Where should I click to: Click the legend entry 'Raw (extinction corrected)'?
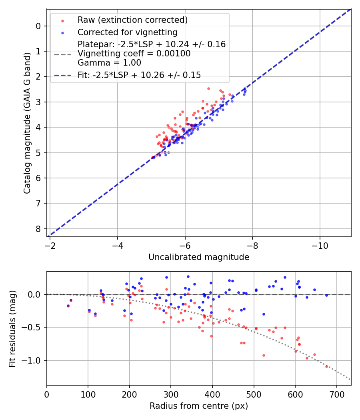point(132,20)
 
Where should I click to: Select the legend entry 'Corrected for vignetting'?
point(127,32)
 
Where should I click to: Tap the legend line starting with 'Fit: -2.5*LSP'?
point(139,75)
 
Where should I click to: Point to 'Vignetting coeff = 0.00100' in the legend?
point(134,54)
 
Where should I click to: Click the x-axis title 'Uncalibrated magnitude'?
point(199,257)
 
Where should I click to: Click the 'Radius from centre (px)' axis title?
point(199,406)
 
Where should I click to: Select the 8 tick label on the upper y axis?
point(38,229)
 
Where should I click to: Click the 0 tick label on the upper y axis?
point(38,26)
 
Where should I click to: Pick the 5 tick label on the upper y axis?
point(38,153)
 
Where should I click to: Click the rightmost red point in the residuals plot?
point(326,366)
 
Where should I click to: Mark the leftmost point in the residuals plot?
point(68,306)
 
